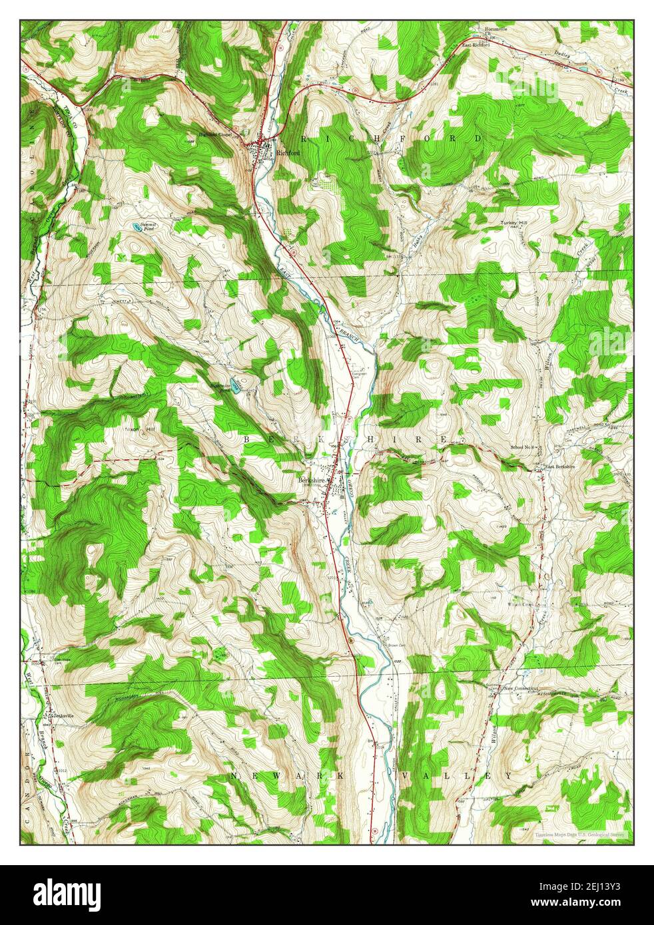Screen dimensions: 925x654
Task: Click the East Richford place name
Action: coord(477,45)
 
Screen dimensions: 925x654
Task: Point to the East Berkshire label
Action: coord(560,466)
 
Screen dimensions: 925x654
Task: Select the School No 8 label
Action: coord(523,447)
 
